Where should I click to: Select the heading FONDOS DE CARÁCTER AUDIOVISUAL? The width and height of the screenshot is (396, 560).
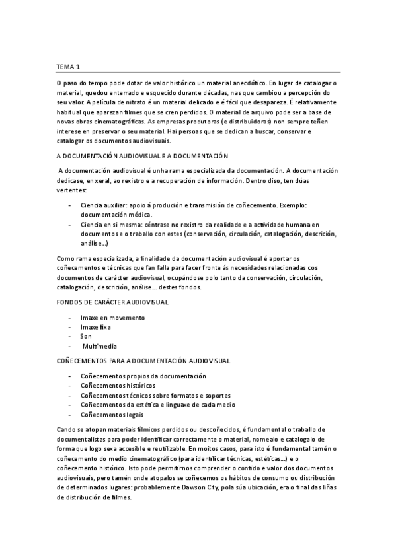[112, 302]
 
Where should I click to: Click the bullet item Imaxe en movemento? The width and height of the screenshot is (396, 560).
[112, 318]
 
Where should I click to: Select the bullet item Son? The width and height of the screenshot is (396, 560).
[86, 336]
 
